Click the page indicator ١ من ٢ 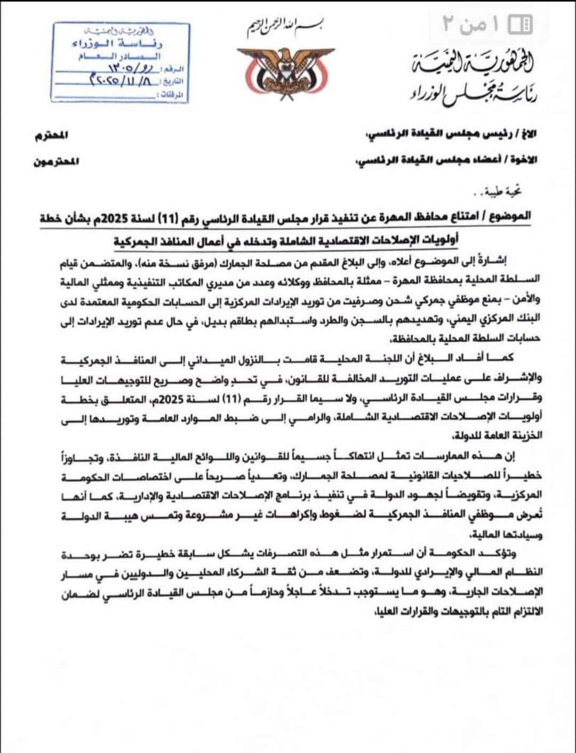click(471, 25)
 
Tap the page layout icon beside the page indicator click(520, 25)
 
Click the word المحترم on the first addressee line click(52, 135)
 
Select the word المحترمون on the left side click(56, 161)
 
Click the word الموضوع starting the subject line click(511, 216)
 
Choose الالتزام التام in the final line click(511, 612)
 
